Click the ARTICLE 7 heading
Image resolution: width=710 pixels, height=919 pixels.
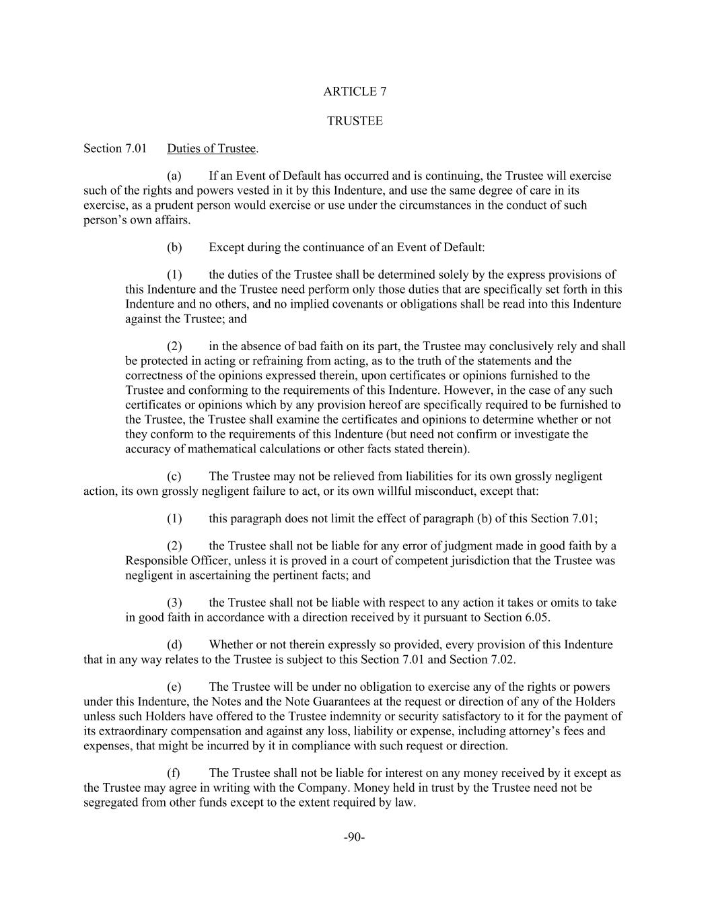[x=355, y=92]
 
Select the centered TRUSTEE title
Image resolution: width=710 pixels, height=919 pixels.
[x=355, y=121]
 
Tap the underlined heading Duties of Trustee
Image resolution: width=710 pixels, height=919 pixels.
[x=211, y=148]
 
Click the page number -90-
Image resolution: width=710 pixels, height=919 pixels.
[x=354, y=837]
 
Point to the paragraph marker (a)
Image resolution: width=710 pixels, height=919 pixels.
[x=174, y=176]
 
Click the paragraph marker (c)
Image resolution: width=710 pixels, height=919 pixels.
[x=174, y=476]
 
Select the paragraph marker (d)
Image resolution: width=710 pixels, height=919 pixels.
[x=174, y=644]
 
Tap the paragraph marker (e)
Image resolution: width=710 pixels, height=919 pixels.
[x=174, y=687]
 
